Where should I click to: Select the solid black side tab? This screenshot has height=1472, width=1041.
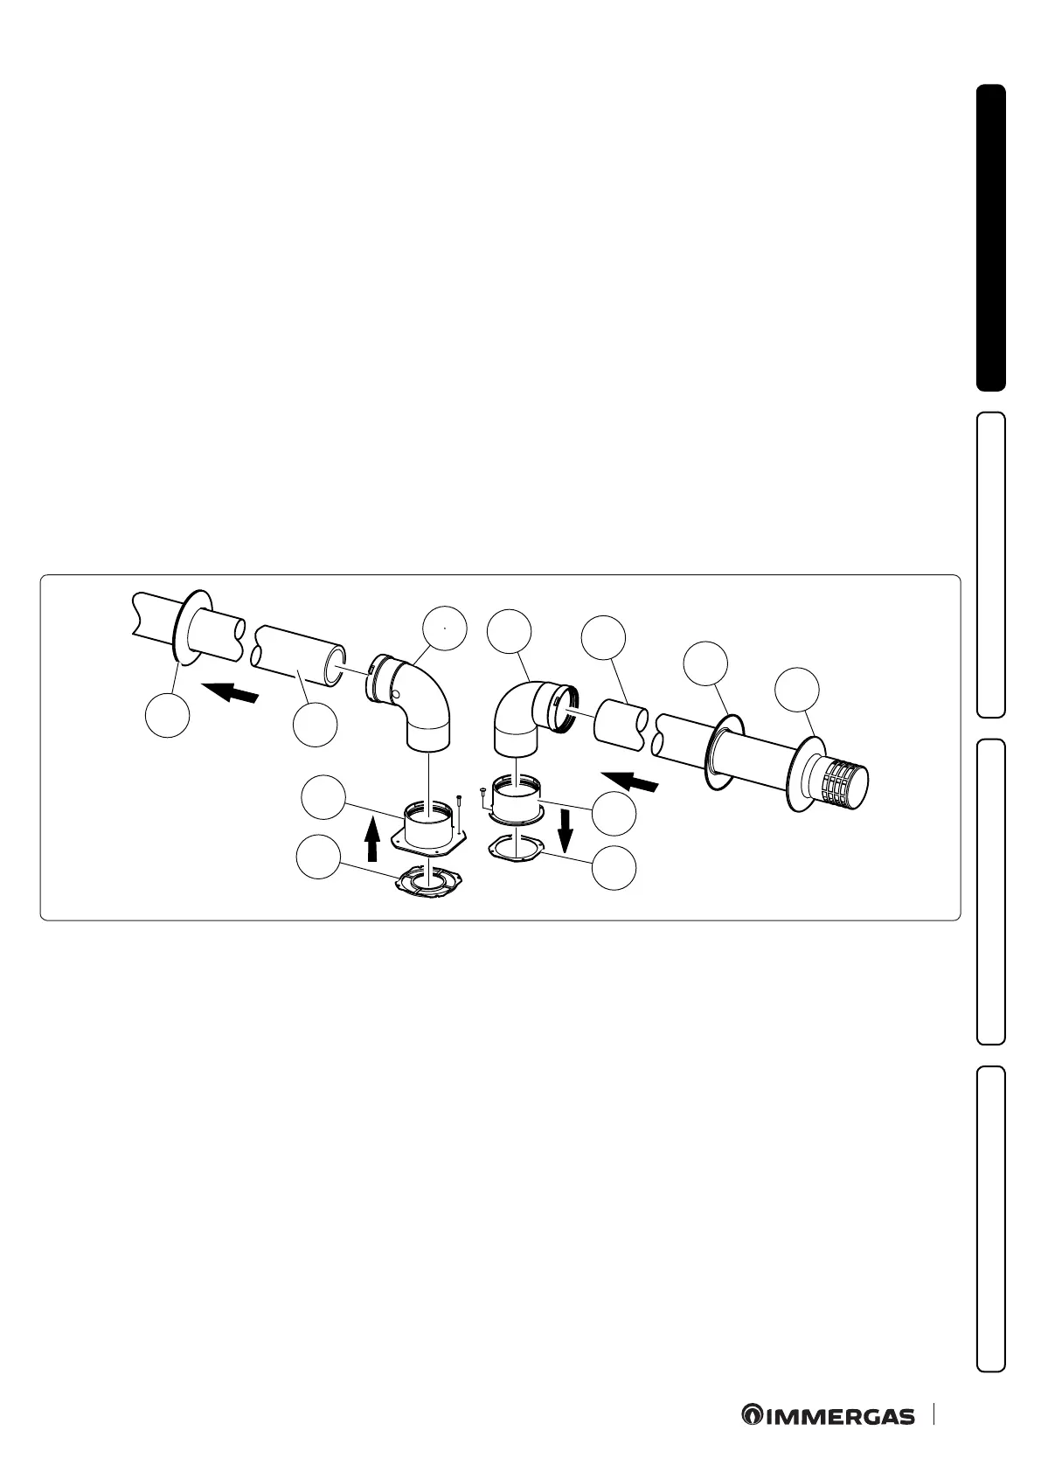pos(990,238)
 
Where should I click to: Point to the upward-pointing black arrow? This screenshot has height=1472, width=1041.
pos(372,838)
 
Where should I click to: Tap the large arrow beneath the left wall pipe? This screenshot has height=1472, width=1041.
pos(232,694)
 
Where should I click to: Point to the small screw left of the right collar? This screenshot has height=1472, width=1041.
pos(482,795)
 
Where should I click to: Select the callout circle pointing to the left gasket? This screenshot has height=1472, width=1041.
pos(317,858)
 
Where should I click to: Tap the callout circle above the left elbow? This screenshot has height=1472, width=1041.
pos(444,627)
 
